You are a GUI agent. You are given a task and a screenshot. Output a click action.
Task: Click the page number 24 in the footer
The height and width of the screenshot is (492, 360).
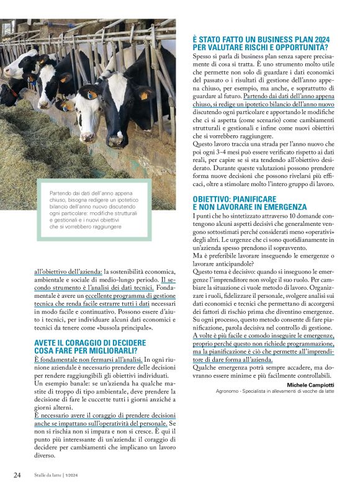(17, 475)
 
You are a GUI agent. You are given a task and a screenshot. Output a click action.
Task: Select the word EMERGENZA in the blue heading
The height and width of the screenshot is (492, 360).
(285, 207)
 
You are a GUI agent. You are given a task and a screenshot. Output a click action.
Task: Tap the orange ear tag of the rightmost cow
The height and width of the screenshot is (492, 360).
(145, 96)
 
